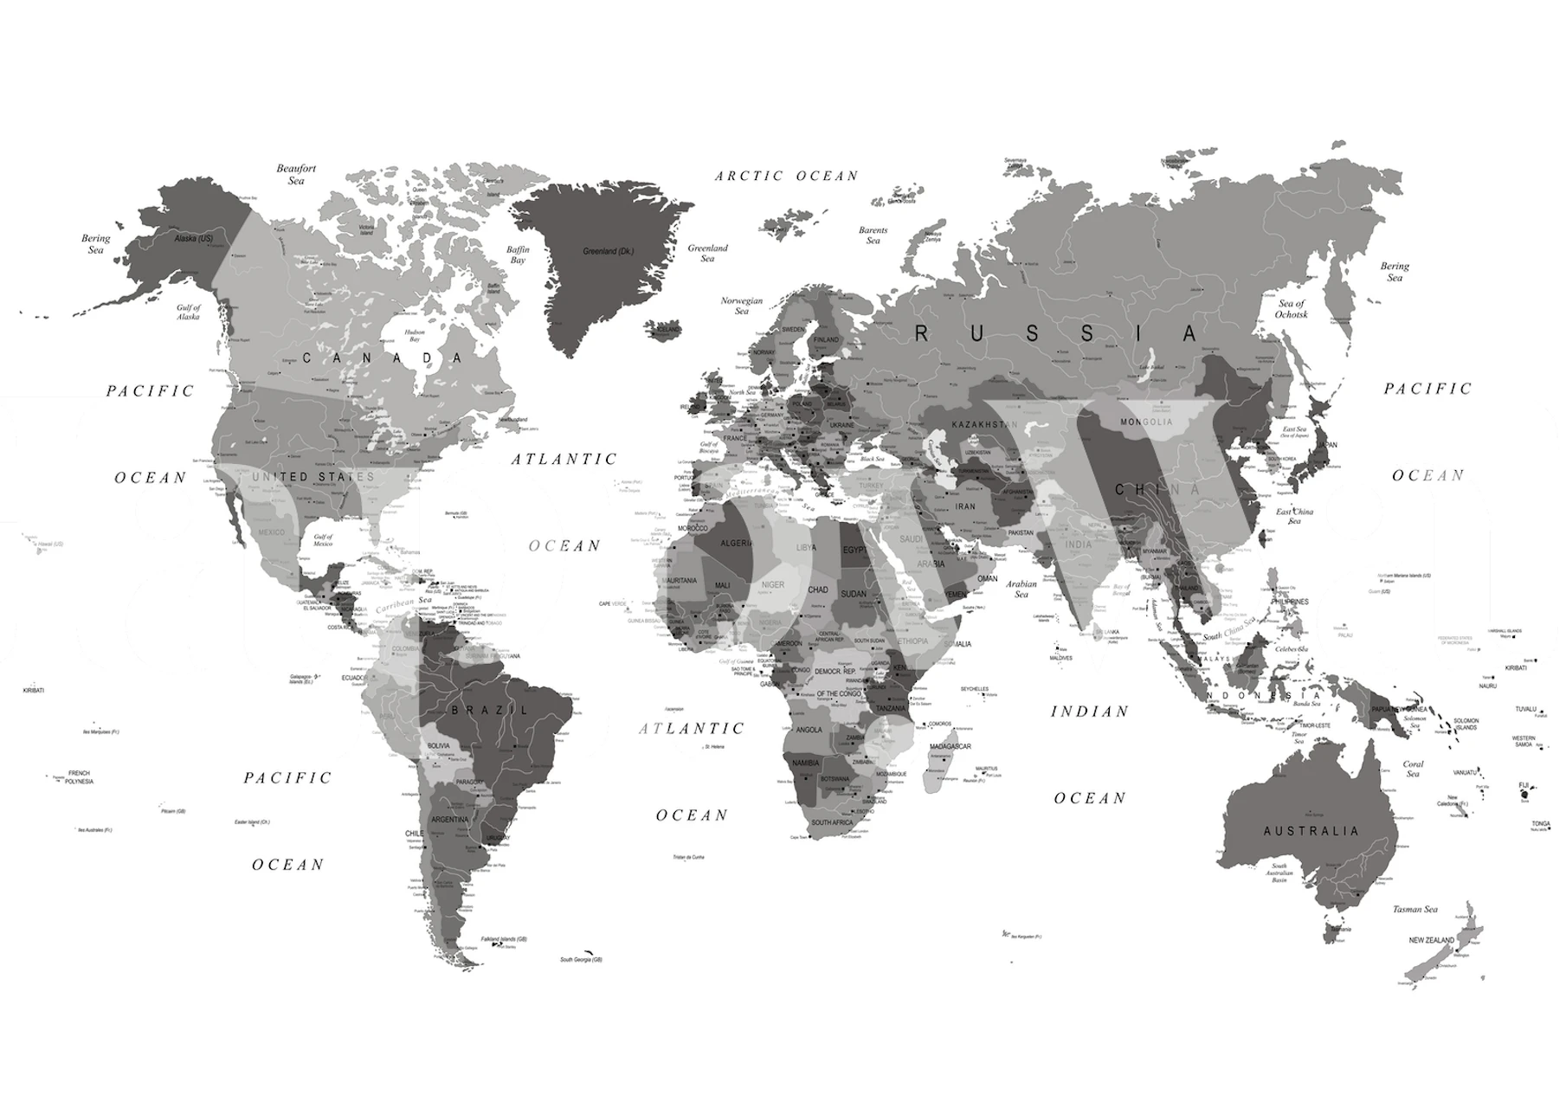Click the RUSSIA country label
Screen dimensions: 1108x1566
point(1058,333)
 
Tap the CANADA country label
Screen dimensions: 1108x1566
point(382,358)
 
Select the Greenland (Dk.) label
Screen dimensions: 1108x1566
point(608,251)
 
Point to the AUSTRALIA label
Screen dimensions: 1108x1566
point(1311,831)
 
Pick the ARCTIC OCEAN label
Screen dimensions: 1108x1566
point(786,176)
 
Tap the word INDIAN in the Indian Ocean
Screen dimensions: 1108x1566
point(1090,712)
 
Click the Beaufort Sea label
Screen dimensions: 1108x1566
point(296,174)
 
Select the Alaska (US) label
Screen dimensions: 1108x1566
point(193,238)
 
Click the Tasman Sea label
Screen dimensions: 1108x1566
point(1415,909)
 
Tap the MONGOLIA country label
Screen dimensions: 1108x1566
point(1146,422)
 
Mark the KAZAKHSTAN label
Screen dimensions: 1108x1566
point(985,425)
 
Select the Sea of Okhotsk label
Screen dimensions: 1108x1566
point(1291,309)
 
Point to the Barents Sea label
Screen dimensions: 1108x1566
point(873,235)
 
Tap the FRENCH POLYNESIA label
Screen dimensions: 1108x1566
point(79,776)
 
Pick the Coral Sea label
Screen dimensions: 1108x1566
point(1413,769)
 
